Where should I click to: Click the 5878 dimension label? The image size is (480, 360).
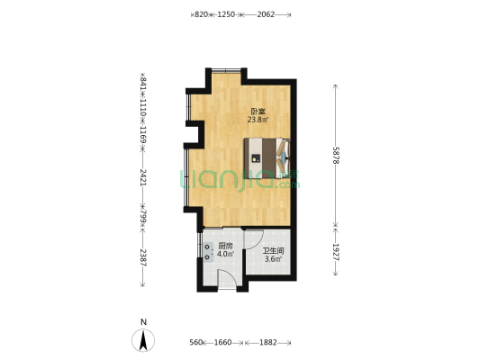[336, 156]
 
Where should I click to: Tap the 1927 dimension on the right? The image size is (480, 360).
[336, 252]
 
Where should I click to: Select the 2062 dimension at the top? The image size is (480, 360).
[266, 14]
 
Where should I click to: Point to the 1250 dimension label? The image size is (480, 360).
[226, 14]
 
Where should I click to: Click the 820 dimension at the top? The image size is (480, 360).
[201, 14]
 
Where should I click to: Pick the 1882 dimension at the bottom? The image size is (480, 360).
[268, 342]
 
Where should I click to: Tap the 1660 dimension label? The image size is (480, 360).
[222, 342]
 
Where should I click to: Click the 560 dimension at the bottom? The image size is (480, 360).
[196, 342]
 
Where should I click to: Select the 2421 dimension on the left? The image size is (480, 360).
[143, 176]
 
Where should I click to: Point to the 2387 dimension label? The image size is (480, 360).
[143, 257]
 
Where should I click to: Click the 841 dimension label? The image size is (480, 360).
[143, 84]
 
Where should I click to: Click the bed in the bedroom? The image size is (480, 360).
[267, 158]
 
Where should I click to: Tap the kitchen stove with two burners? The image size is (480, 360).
[208, 251]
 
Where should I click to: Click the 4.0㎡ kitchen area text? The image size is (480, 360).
[226, 254]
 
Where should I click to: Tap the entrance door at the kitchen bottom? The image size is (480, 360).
[227, 279]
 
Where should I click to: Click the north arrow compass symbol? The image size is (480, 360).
[143, 340]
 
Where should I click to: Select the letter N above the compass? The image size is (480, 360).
[143, 322]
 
